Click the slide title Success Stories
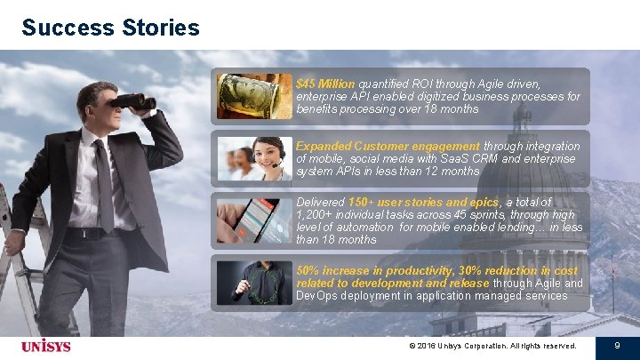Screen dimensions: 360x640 111,28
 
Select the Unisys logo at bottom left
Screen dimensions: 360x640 47,345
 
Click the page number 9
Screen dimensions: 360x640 616,345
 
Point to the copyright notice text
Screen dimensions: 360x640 492,345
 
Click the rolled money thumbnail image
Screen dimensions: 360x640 254,96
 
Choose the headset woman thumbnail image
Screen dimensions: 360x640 254,158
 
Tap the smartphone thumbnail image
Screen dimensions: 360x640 254,220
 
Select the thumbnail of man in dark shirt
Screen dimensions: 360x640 254,283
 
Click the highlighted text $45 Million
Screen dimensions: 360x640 325,84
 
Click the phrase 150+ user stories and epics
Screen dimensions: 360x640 423,203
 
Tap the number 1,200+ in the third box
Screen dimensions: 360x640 316,215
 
